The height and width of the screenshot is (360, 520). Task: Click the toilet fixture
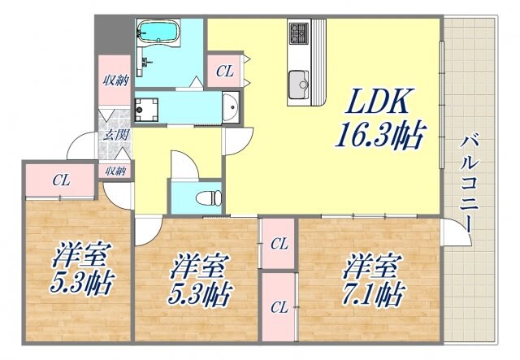click(x=210, y=196)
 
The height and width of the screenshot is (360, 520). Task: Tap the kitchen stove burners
click(x=297, y=35)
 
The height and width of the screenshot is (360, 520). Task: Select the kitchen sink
click(x=298, y=81)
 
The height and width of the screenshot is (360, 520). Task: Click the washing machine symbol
click(x=147, y=108)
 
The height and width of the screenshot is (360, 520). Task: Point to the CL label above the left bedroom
click(x=60, y=180)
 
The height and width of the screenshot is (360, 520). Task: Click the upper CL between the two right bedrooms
click(x=279, y=242)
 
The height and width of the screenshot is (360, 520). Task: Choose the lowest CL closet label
click(x=279, y=306)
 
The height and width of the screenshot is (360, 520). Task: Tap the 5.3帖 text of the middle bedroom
click(x=198, y=293)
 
